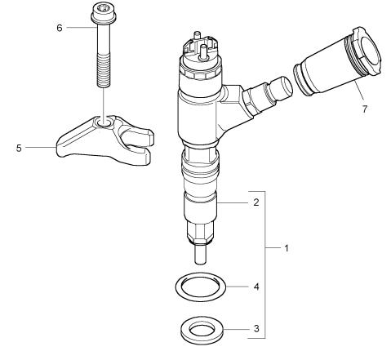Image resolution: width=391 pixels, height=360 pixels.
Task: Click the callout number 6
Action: pos(60,28)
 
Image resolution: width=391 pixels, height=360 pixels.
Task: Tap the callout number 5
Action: pos(19,148)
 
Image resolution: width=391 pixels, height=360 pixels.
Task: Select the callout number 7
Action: pos(365,109)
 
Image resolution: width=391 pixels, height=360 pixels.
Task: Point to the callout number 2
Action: pos(256,202)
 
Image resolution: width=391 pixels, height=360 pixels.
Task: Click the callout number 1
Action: pos(286,248)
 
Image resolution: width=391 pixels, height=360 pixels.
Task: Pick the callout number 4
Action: pos(256,287)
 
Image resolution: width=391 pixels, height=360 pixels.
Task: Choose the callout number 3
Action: pos(256,329)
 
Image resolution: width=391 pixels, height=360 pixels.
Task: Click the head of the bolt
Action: pos(104,13)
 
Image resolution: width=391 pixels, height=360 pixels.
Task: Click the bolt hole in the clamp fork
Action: pos(104,122)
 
